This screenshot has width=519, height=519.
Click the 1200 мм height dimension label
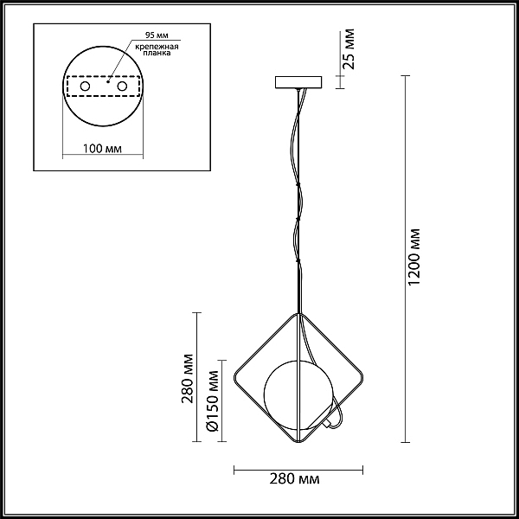tap(413, 257)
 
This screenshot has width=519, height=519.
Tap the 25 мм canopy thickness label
tap(349, 49)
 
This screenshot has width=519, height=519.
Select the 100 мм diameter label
tap(102, 149)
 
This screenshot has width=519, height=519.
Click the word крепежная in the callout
tap(157, 47)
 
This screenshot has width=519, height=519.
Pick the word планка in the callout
tap(157, 53)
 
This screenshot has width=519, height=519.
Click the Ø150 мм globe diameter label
tap(212, 400)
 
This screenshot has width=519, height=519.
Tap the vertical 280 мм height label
tap(187, 378)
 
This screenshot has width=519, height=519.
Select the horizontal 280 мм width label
tap(294, 479)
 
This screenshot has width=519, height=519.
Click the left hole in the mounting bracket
tap(85, 86)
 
